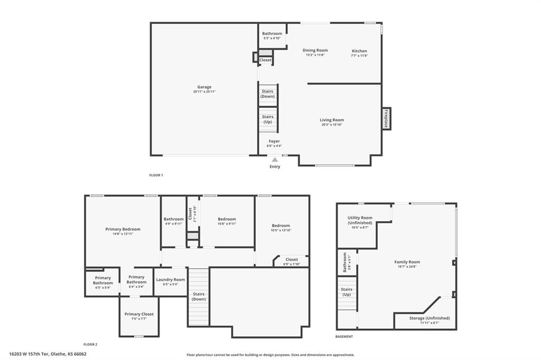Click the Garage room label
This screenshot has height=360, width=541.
point(204,87)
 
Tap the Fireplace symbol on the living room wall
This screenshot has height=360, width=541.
point(386,119)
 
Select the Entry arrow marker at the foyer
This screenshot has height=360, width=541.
point(274,159)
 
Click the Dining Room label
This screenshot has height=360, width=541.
point(315,51)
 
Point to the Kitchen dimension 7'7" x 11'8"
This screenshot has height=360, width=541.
point(359,55)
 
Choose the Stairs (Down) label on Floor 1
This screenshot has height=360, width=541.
point(267,94)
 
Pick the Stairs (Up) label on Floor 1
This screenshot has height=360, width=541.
point(267,119)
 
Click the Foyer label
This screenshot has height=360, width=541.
point(274,141)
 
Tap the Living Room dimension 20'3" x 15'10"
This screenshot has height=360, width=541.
point(332,125)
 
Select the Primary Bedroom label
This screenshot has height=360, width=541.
point(123,229)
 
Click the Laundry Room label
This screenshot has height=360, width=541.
point(171,280)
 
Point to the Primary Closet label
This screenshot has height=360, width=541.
point(139,314)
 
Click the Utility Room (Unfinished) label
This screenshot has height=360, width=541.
point(360,220)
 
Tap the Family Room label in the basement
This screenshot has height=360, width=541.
point(407,262)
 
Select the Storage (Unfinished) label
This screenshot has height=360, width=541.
point(430,318)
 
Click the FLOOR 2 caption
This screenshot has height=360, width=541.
point(90,344)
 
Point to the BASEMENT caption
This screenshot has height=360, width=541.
point(344,336)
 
